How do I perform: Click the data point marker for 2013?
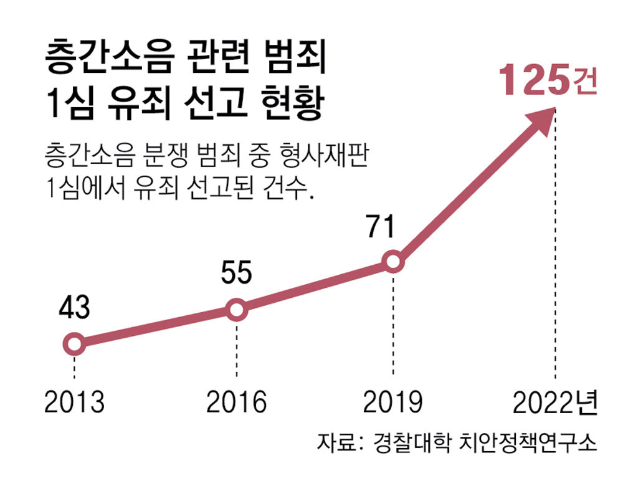[74, 343]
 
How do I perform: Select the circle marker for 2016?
[237, 309]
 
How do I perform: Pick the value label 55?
[237, 274]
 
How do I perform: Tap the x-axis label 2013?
[74, 403]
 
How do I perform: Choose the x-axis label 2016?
[237, 403]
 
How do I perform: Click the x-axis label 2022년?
[554, 403]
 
